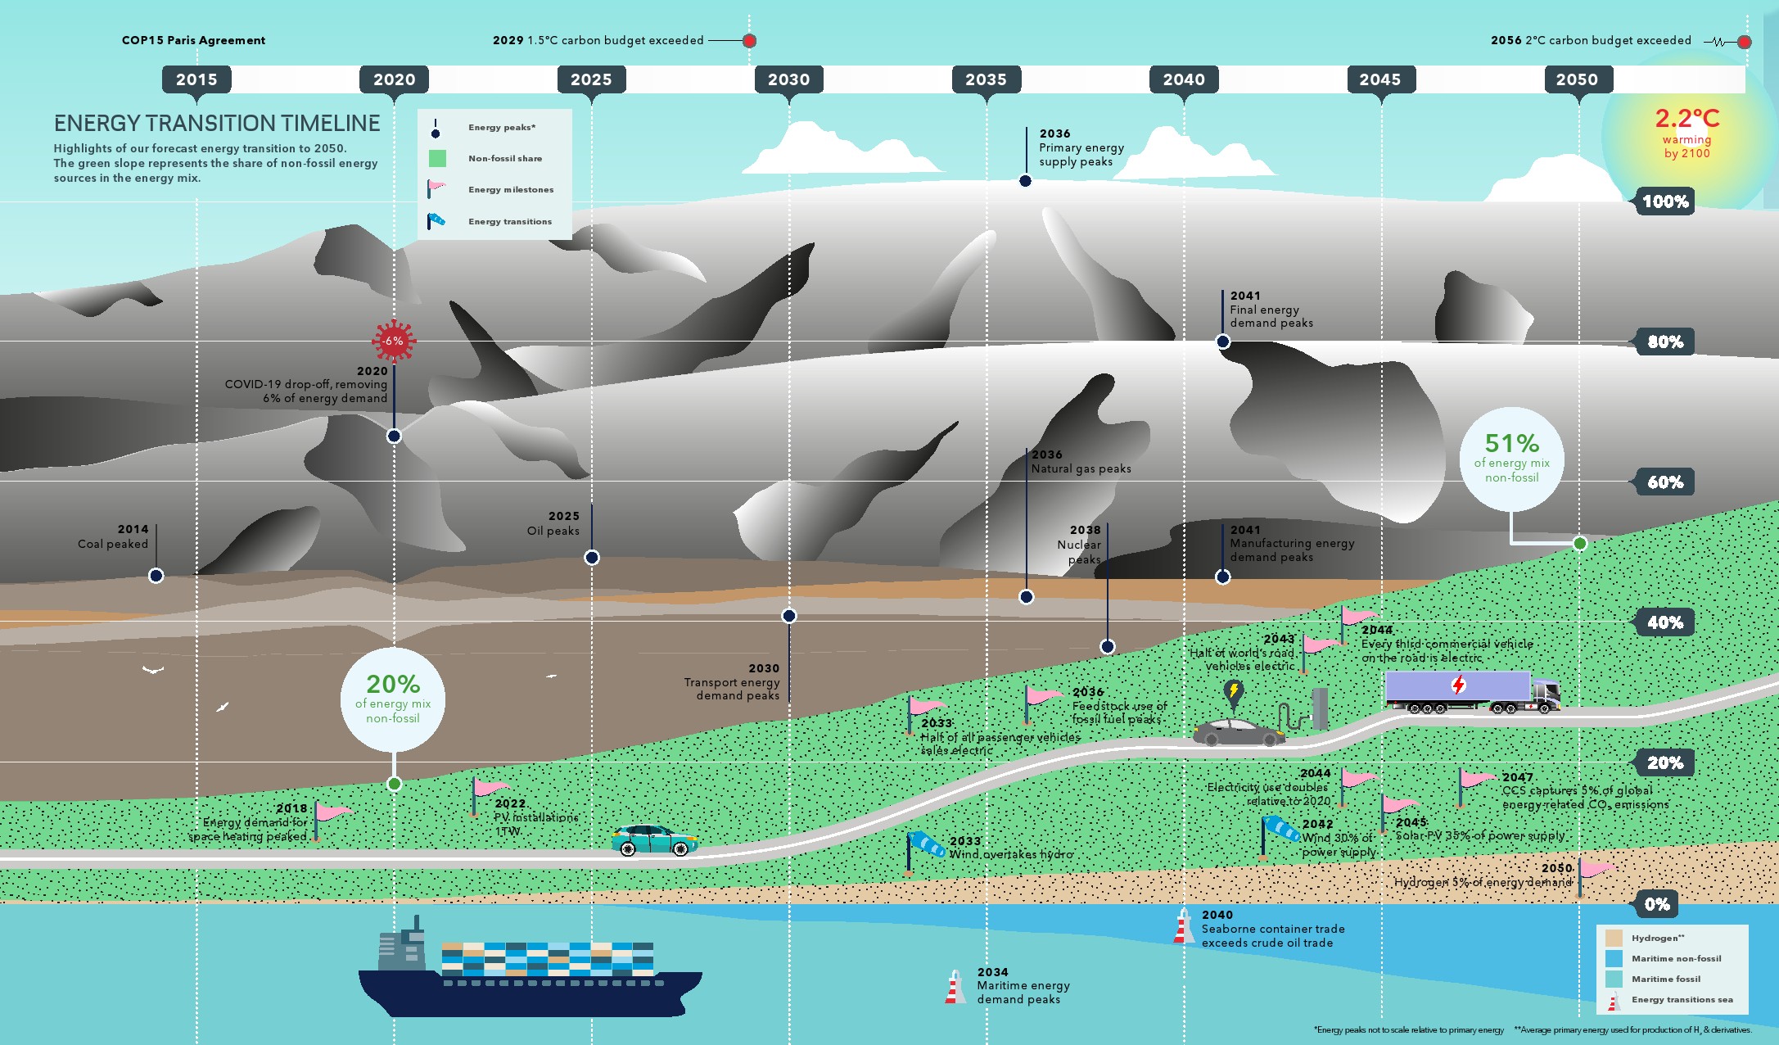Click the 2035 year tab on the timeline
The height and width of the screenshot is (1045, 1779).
coord(986,79)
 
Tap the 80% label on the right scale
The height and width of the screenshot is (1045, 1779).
coord(1664,342)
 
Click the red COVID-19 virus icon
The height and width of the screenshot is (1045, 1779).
coord(394,341)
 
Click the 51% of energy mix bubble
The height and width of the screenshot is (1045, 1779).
coord(1511,459)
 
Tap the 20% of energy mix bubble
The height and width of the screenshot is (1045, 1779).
coord(393,700)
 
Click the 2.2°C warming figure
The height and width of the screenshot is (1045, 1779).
coord(1686,120)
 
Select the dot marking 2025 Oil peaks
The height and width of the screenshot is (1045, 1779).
coord(592,558)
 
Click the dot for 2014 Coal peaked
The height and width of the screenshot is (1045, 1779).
coord(156,576)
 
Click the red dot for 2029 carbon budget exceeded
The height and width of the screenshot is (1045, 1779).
coord(749,41)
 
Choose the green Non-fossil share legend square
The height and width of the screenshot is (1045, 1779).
coord(437,159)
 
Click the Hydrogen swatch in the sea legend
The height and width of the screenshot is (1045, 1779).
coord(1614,939)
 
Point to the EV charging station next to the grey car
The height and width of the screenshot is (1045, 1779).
coord(1318,708)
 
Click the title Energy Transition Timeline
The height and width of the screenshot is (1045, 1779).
coord(217,124)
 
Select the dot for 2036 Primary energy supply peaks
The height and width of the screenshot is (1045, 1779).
coord(1025,181)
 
